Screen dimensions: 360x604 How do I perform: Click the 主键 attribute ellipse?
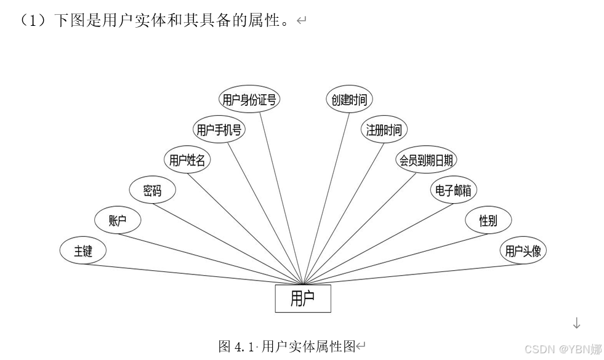83,251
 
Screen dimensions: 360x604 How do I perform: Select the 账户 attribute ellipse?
118,220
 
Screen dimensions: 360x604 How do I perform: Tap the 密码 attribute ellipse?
152,191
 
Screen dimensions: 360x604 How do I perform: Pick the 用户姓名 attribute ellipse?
187,161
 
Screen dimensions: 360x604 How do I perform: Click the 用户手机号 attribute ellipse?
218,130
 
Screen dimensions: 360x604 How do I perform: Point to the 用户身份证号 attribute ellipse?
249,100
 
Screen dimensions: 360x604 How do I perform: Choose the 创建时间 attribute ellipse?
349,100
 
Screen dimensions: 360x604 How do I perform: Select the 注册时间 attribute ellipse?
384,130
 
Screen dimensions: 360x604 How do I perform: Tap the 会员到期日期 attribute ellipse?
426,161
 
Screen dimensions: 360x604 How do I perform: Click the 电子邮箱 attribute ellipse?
453,191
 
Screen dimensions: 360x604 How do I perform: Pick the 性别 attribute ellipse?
488,220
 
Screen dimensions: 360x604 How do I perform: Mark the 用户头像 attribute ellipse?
523,251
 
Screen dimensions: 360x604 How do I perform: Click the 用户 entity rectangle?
302,298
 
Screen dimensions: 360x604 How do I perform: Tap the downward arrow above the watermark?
576,322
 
